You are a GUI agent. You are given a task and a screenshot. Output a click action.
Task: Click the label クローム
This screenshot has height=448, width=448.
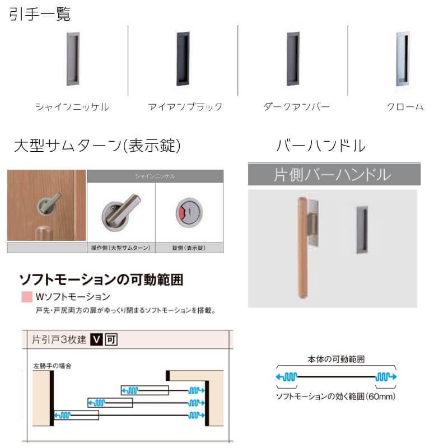click(404, 106)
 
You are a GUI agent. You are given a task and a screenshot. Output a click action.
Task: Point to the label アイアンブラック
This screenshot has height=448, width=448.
click(185, 106)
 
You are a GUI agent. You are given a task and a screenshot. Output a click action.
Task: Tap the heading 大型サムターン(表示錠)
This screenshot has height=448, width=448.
click(97, 146)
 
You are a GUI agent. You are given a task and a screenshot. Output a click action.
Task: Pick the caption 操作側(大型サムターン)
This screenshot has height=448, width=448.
click(121, 248)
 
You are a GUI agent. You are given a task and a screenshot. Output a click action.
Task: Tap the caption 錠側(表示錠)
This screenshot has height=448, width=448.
click(188, 248)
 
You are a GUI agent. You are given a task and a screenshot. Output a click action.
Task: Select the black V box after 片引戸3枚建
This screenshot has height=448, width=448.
click(96, 339)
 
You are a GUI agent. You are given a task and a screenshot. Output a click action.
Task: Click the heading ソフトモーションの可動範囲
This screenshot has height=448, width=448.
click(101, 279)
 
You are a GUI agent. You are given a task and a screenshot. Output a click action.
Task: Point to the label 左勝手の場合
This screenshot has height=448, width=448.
click(52, 365)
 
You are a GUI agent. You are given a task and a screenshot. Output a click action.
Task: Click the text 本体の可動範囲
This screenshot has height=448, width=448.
click(336, 360)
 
